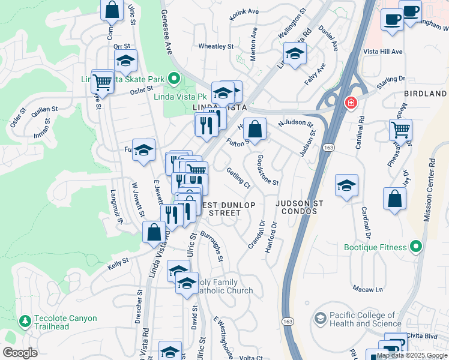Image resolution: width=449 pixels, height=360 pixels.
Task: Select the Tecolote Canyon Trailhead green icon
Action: pyautogui.click(x=25, y=322)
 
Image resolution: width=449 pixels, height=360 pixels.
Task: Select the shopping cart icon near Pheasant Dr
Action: pyautogui.click(x=400, y=128)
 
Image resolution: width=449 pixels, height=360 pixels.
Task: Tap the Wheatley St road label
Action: pyautogui.click(x=215, y=46)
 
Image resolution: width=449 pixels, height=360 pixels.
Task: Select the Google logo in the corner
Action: pyautogui.click(x=20, y=353)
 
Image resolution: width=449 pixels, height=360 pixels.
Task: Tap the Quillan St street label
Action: pyautogui.click(x=44, y=110)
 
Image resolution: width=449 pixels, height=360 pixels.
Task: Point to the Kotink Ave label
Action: pyautogui.click(x=244, y=11)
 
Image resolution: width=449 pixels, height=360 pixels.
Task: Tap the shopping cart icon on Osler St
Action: pyautogui.click(x=103, y=82)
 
